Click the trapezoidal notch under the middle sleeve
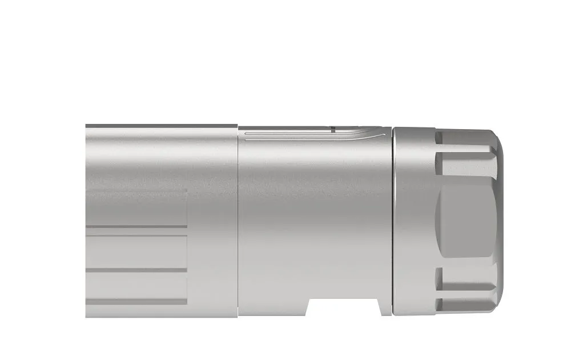click(346, 307)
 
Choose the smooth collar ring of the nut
click(414, 223)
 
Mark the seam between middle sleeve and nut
click(392, 223)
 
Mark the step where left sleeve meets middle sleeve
click(238, 223)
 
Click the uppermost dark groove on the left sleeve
click(137, 226)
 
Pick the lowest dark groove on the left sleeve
click(137, 301)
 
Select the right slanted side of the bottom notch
click(383, 307)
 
